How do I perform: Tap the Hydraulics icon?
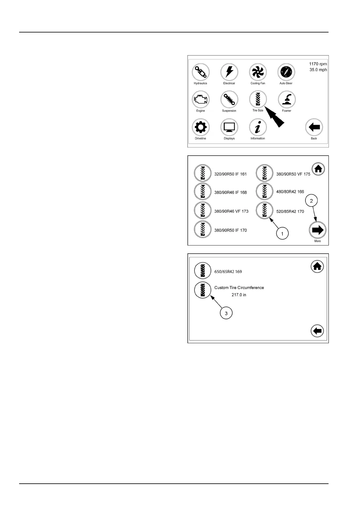pyautogui.click(x=201, y=72)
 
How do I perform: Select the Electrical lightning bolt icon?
pyautogui.click(x=229, y=72)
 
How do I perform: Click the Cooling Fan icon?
pyautogui.click(x=258, y=72)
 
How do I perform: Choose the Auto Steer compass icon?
pyautogui.click(x=286, y=72)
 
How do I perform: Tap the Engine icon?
pyautogui.click(x=201, y=100)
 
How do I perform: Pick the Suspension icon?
pyautogui.click(x=229, y=100)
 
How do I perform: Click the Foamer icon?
pyautogui.click(x=287, y=100)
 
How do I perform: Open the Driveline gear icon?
pyautogui.click(x=201, y=127)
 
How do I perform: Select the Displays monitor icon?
pyautogui.click(x=229, y=127)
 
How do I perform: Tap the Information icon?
pyautogui.click(x=258, y=127)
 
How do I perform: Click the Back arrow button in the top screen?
pyautogui.click(x=314, y=127)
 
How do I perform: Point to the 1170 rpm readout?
pyautogui.click(x=318, y=64)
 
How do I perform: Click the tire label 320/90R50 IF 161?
pyautogui.click(x=231, y=174)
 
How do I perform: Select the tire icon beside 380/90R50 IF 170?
pyautogui.click(x=202, y=229)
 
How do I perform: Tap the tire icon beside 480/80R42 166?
pyautogui.click(x=265, y=191)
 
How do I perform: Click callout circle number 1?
pyautogui.click(x=282, y=234)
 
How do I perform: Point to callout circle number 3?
pyautogui.click(x=226, y=313)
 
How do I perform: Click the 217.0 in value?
pyautogui.click(x=239, y=295)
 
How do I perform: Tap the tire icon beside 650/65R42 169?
pyautogui.click(x=202, y=271)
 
